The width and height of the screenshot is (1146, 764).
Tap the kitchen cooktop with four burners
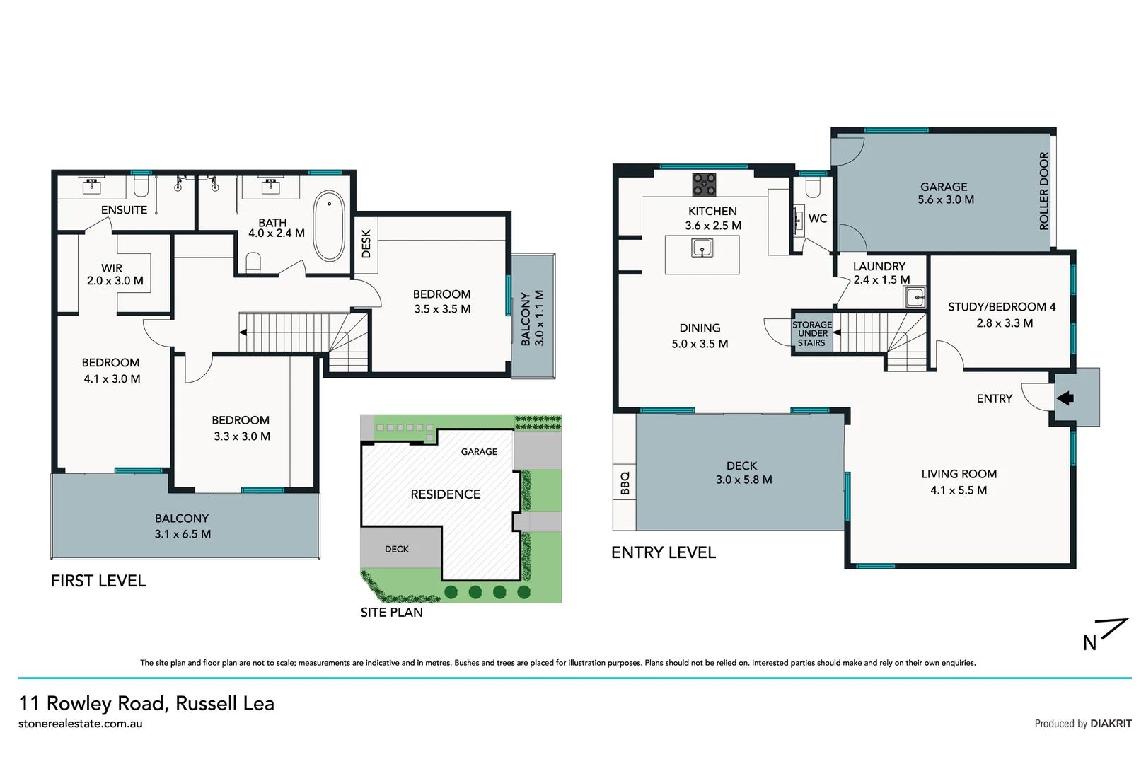704,185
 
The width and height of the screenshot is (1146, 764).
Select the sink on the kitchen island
702,248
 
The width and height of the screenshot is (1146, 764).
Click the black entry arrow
1065,398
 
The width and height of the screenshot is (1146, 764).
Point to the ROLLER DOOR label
1044,191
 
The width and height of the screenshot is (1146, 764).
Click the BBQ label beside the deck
625,483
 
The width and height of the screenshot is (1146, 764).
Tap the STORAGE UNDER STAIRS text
812,334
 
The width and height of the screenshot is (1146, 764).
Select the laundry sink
915,296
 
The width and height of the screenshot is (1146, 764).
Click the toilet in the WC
813,187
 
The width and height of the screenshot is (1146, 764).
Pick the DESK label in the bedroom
366,244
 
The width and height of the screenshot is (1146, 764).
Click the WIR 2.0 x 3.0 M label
115,274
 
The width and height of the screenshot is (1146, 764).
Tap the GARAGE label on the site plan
479,451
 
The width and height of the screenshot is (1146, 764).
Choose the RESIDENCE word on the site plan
446,494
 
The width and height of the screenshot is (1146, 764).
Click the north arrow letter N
1089,643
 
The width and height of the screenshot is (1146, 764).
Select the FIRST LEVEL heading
98,581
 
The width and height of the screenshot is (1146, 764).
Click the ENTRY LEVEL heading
664,552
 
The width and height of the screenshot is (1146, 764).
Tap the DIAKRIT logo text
1111,723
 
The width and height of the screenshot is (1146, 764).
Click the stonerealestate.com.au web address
81,724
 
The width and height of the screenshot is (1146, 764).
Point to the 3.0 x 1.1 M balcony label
540,318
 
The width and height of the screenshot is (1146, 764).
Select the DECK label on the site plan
397,549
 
